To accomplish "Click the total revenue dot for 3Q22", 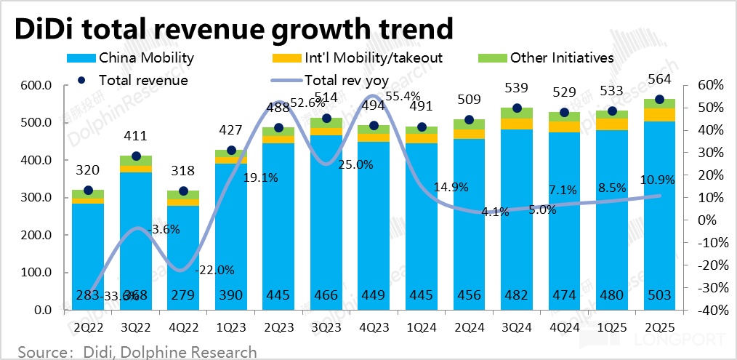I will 136,156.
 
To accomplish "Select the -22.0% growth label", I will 216,270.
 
